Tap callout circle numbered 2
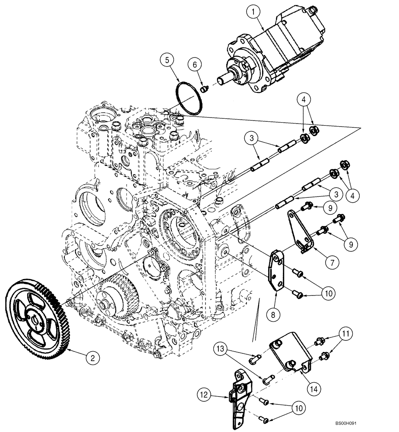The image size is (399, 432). tap(91, 358)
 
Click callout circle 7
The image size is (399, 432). tap(333, 262)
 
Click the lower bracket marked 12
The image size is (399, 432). tap(240, 391)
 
